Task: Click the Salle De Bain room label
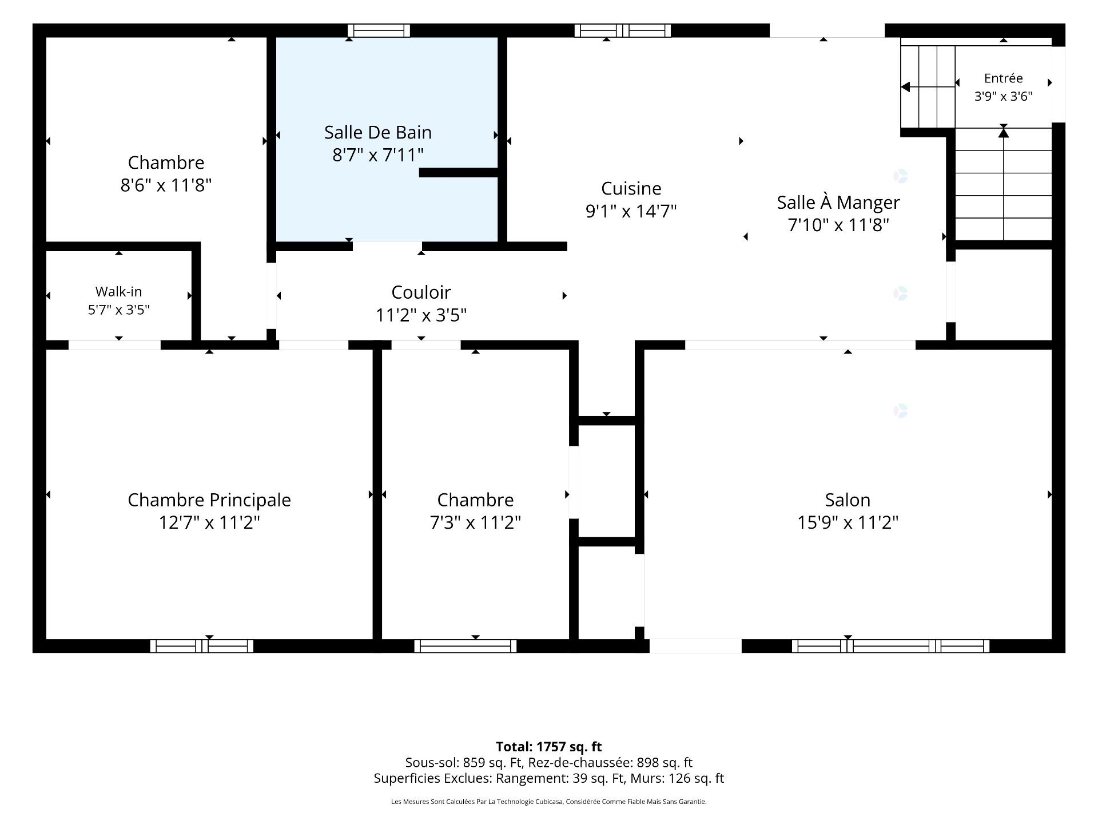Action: coord(378,133)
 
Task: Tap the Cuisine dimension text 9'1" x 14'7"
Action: coord(631,211)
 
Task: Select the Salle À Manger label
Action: coord(838,202)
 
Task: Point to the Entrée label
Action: coord(1004,78)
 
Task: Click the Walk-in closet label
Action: coord(118,292)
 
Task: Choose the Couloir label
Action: coord(421,292)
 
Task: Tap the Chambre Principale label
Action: coord(209,500)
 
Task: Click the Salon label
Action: coord(848,500)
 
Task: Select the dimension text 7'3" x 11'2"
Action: coord(475,522)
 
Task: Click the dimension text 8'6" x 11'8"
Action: coord(166,185)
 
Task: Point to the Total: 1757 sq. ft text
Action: coord(549,747)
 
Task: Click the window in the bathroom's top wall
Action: coord(379,31)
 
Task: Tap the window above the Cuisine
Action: coord(623,31)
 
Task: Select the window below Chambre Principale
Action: coord(202,646)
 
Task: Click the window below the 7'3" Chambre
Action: coord(466,646)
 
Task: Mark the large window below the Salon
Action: coord(891,646)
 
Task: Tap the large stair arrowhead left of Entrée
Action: coord(905,87)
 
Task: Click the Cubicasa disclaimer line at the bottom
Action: coord(549,802)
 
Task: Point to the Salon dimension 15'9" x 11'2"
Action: coord(848,522)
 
